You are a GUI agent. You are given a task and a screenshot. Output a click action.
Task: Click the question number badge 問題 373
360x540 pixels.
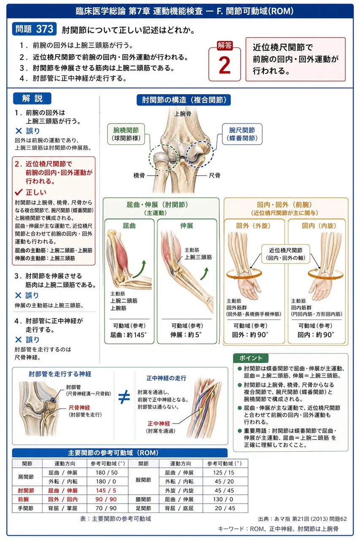point(34,29)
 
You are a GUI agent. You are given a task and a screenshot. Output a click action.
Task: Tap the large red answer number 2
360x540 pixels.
point(225,65)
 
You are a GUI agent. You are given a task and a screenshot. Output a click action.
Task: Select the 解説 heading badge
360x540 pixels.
point(32,98)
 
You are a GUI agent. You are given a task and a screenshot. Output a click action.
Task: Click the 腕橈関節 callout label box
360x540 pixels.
point(126,134)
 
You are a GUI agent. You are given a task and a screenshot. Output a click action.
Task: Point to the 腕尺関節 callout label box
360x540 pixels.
point(242,134)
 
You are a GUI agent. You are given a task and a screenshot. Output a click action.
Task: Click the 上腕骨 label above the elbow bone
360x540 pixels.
point(182,114)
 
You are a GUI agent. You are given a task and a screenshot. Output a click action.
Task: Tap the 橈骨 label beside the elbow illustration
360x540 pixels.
point(139,175)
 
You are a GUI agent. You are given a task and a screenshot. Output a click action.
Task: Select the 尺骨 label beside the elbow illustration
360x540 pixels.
point(214,175)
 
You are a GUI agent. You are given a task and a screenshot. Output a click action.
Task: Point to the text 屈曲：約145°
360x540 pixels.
point(128,335)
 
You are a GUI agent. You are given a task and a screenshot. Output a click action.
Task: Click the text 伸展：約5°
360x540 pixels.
point(186,335)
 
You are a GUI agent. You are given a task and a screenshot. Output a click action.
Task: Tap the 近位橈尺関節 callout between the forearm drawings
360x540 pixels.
point(285,254)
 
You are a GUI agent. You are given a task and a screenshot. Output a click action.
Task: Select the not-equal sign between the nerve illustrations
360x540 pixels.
point(125,397)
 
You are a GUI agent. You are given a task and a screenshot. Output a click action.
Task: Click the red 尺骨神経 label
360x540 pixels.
point(79,408)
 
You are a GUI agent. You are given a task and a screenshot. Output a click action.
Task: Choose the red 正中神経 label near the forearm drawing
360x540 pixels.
point(159,424)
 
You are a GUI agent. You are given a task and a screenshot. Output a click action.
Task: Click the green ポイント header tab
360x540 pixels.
point(251,358)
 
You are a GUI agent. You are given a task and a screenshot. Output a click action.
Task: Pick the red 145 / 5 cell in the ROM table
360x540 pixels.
point(106,491)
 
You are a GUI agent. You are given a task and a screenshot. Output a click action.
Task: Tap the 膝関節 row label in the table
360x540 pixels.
point(143,499)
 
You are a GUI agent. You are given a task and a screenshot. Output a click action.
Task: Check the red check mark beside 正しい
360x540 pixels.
point(19,192)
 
